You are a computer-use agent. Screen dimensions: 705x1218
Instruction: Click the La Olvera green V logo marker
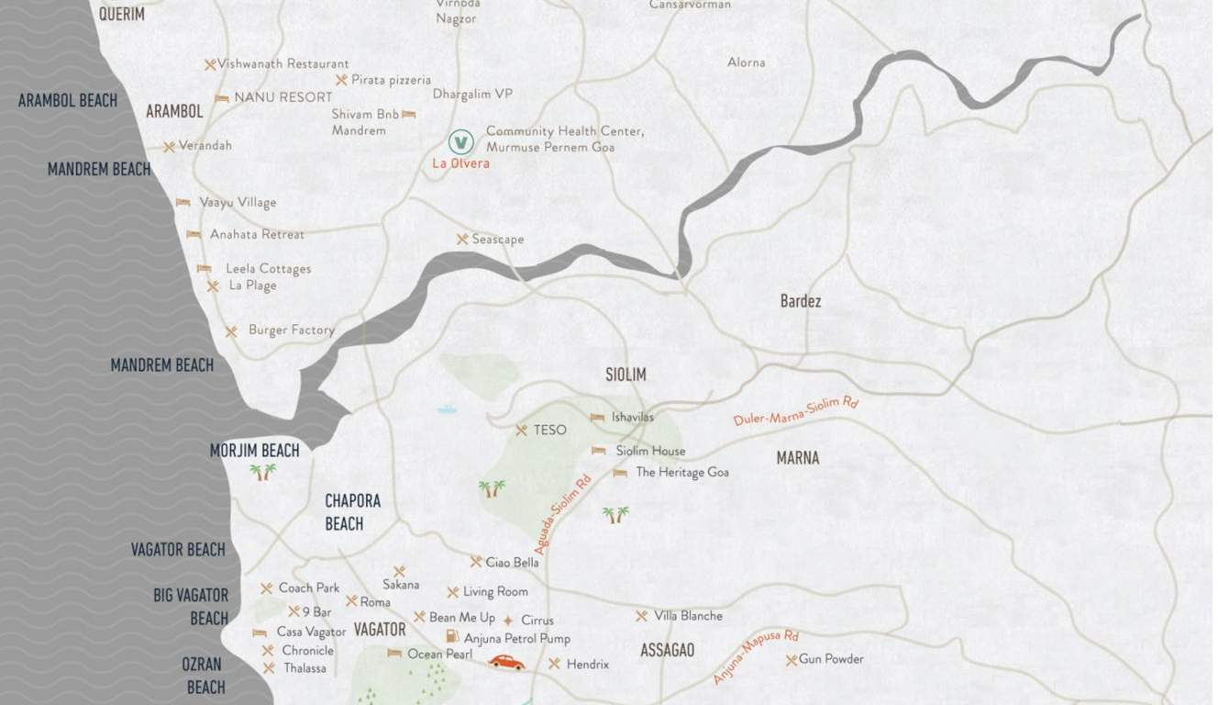[461, 142]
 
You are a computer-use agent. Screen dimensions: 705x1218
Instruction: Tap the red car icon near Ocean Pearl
[506, 662]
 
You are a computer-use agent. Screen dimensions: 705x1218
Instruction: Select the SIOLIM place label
[626, 375]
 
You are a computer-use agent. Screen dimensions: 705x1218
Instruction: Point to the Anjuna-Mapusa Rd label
[757, 657]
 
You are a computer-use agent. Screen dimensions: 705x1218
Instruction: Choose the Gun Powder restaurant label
[831, 659]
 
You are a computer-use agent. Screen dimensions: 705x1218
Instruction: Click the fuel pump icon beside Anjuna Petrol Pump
[451, 637]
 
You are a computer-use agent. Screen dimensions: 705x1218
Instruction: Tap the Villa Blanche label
[688, 616]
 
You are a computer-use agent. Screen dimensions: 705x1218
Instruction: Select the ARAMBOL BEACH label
[68, 100]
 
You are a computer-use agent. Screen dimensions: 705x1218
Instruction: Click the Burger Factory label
[291, 330]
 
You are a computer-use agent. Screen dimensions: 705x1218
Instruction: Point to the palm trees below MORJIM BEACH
[262, 472]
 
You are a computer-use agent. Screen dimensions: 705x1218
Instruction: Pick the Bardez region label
[801, 301]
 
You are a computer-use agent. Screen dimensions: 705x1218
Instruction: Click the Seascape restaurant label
[498, 240]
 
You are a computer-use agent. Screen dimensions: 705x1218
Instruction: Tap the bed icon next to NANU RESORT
[222, 97]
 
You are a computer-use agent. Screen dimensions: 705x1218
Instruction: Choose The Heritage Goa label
[682, 473]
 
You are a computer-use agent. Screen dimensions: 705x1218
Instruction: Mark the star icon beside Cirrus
[508, 621]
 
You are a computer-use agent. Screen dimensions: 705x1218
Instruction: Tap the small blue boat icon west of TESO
[447, 408]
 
